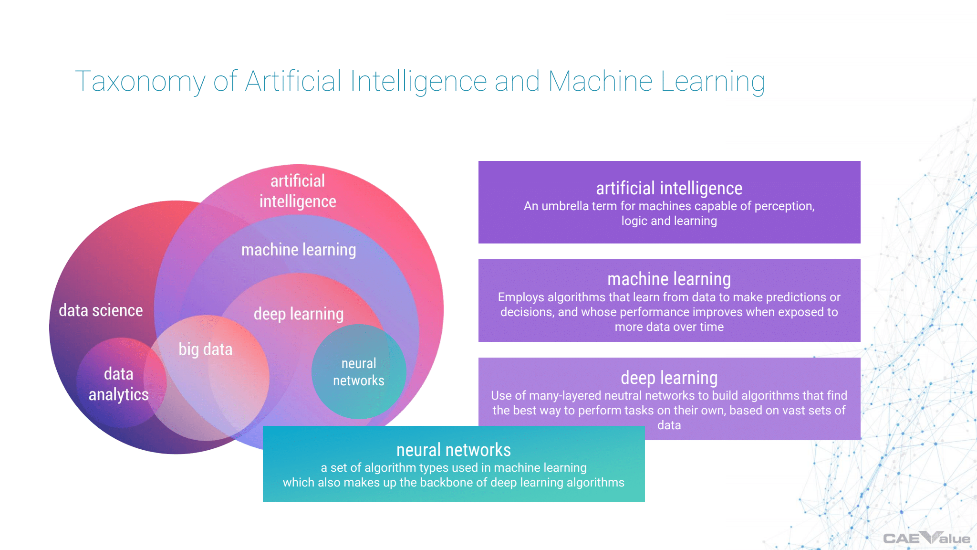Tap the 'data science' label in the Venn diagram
pyautogui.click(x=101, y=310)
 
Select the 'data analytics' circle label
pyautogui.click(x=119, y=384)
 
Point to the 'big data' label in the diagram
pyautogui.click(x=205, y=349)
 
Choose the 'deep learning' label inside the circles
pyautogui.click(x=299, y=314)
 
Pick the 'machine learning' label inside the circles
pyautogui.click(x=299, y=250)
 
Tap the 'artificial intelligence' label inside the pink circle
pyautogui.click(x=298, y=191)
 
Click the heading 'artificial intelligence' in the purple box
pyautogui.click(x=669, y=189)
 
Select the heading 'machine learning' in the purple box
pyautogui.click(x=669, y=279)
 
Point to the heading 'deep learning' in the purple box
pyautogui.click(x=669, y=378)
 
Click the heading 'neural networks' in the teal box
pyautogui.click(x=453, y=450)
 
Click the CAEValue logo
pyautogui.click(x=926, y=538)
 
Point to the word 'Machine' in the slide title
pyautogui.click(x=600, y=82)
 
